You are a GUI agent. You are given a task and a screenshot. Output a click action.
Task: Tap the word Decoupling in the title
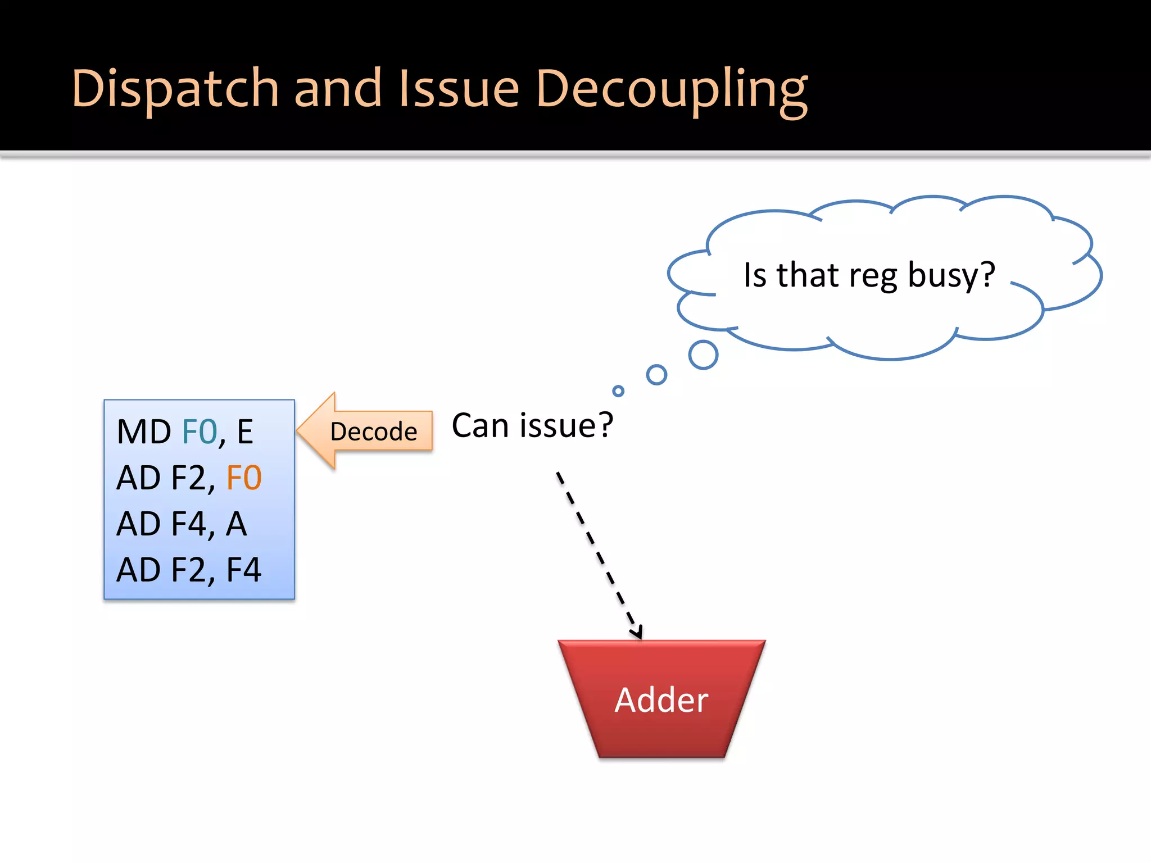[672, 90]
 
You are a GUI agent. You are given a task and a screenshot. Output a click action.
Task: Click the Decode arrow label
[373, 431]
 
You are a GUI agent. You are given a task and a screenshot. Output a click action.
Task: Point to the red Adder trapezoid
[661, 700]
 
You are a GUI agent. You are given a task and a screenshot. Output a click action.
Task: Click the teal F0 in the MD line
[200, 431]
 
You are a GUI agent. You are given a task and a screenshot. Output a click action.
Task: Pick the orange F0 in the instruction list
[244, 478]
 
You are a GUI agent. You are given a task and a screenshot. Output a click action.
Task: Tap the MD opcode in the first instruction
[144, 431]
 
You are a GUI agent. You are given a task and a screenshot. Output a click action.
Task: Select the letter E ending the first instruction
[245, 431]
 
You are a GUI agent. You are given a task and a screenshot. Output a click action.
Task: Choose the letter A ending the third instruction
[237, 524]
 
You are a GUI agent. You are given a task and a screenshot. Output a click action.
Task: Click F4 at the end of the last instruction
[244, 570]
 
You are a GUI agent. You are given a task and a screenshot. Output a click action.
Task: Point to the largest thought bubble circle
[703, 355]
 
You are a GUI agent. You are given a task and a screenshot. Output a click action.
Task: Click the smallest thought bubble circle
[618, 391]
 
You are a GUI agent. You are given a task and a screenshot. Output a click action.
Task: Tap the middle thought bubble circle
[656, 375]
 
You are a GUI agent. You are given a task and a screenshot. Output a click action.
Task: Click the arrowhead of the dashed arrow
[638, 634]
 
